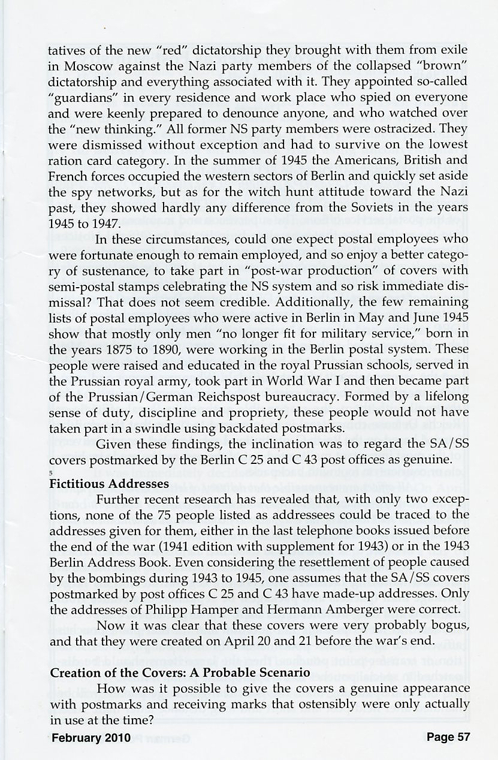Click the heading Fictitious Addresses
(x=110, y=483)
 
